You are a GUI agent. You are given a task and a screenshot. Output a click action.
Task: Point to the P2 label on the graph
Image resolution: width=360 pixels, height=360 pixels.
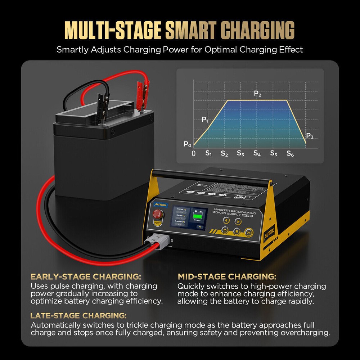point(257,94)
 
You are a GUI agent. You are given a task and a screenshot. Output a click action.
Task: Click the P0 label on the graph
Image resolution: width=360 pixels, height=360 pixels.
point(187,144)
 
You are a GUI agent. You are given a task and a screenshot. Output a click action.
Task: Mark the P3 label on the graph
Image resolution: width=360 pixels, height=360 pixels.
point(310,136)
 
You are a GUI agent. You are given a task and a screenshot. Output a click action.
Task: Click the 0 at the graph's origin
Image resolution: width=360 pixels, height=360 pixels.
point(194,154)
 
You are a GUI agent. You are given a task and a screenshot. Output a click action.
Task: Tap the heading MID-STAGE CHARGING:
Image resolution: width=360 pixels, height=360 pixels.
point(227,277)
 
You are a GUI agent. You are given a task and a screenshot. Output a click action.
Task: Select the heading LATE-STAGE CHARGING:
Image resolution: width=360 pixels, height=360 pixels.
point(78,316)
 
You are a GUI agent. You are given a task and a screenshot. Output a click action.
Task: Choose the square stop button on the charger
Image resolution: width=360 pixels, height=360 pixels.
point(237,231)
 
